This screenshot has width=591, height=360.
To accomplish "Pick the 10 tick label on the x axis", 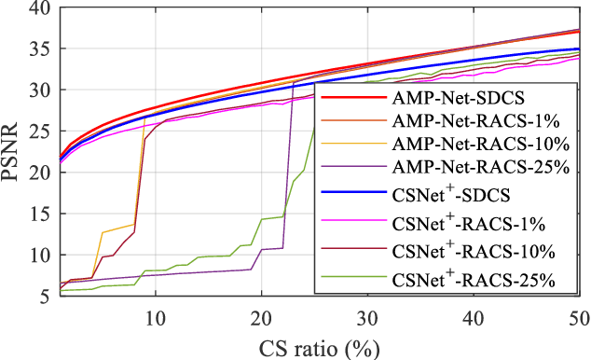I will pos(155,315).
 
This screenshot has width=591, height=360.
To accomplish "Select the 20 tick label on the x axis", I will pos(261,315).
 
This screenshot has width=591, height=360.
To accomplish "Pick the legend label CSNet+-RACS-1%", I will pos(457,225).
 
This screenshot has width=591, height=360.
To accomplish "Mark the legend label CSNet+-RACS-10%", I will pos(461,251).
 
